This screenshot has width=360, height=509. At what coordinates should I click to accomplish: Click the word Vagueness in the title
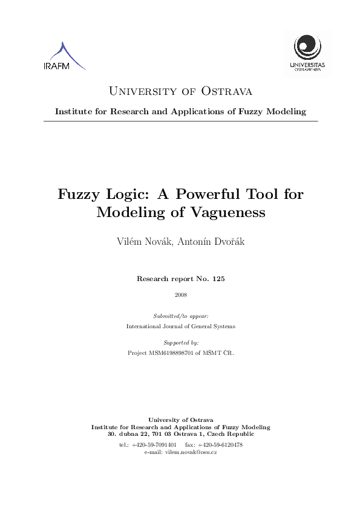pos(231,213)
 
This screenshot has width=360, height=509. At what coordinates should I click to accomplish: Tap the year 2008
pos(180,295)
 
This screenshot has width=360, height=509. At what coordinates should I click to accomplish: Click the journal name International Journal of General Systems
pos(180,326)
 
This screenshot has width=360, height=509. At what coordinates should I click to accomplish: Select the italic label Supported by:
pos(180,342)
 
